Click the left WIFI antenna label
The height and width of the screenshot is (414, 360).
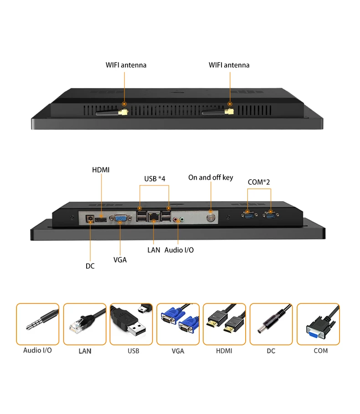(x=126, y=65)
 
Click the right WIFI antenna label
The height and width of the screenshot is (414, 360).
(x=229, y=65)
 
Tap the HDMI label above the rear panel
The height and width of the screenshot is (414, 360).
(x=101, y=170)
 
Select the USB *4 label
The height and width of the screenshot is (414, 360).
(x=155, y=178)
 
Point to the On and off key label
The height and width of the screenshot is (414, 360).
(x=211, y=177)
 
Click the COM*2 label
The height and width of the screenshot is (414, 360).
(x=259, y=182)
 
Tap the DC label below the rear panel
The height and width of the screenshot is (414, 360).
(x=90, y=265)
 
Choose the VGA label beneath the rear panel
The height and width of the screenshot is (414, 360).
(x=120, y=260)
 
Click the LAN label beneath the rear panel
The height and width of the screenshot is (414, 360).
(x=154, y=250)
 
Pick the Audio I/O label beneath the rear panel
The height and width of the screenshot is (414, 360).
(x=179, y=250)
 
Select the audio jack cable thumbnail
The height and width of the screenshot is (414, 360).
(x=38, y=324)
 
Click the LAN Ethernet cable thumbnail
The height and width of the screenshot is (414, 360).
(x=84, y=324)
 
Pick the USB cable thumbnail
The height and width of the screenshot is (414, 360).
(x=131, y=324)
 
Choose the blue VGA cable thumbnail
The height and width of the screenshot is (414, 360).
(x=178, y=324)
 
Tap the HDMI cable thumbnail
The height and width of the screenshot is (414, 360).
(x=224, y=324)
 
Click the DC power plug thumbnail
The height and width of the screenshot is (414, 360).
(x=271, y=324)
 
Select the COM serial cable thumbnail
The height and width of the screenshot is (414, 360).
(x=318, y=324)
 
